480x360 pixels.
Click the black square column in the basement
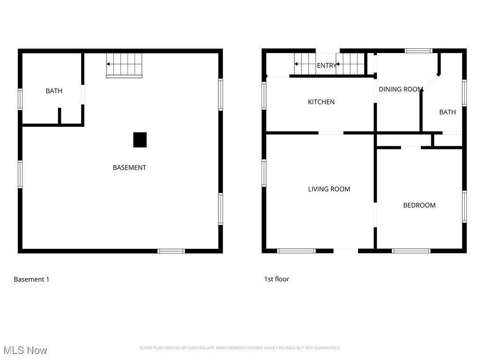[x=140, y=140]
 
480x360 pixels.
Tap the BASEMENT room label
[x=129, y=167]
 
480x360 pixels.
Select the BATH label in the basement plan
[x=54, y=91]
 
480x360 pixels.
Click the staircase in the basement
[x=124, y=64]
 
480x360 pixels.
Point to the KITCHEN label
[x=321, y=102]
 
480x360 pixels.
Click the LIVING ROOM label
[x=329, y=189]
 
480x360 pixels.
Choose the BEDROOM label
[x=419, y=205]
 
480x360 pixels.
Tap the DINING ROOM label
[x=401, y=89]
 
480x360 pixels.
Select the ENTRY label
[x=326, y=66]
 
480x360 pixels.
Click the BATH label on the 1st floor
[x=447, y=112]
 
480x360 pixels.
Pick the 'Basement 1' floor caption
[x=31, y=279]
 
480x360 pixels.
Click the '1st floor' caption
[x=277, y=279]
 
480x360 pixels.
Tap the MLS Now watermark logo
[x=25, y=350]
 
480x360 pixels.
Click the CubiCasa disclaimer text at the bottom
[x=240, y=348]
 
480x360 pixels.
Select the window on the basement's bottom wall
[x=171, y=251]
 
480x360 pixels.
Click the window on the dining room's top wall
[x=419, y=51]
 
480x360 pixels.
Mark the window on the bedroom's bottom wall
[x=411, y=251]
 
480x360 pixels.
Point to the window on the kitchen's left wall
[x=264, y=96]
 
